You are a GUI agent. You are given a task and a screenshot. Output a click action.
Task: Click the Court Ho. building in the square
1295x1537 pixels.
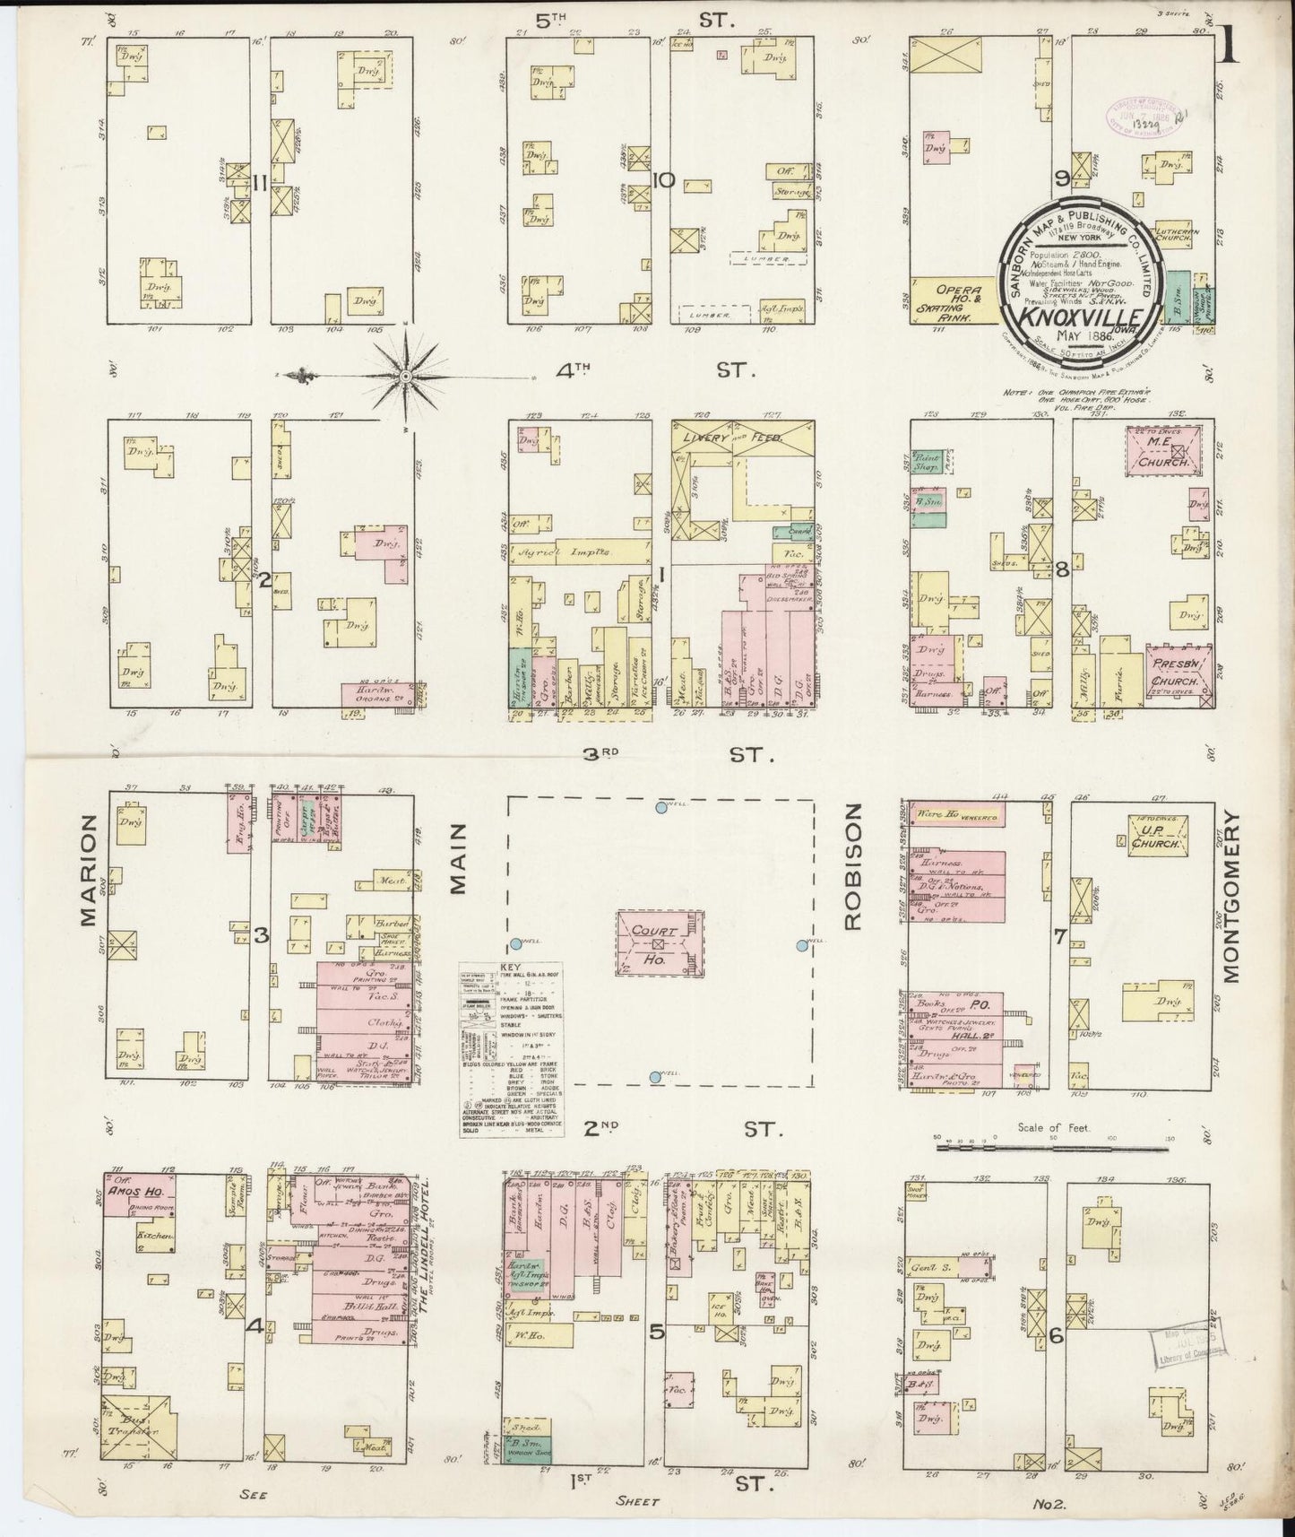(660, 943)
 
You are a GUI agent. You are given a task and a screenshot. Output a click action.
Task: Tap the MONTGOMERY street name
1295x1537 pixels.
(1229, 897)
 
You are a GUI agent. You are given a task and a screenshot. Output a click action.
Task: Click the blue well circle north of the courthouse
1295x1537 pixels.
(661, 807)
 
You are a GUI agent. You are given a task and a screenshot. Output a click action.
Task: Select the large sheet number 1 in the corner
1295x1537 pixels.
(1229, 45)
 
